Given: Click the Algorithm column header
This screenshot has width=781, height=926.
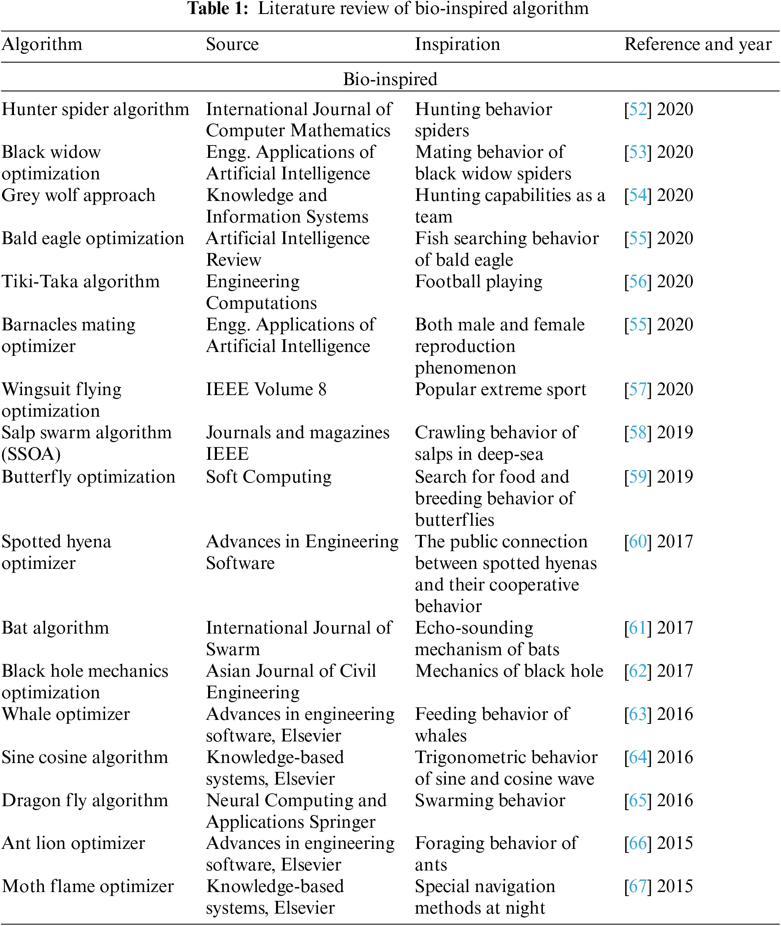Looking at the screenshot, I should pos(42,44).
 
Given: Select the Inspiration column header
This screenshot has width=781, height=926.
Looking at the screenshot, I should pos(457,44).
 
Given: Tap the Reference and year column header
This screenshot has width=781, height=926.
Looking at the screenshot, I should pos(698,44).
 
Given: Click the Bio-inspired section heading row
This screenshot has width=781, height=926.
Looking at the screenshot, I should pos(390,79).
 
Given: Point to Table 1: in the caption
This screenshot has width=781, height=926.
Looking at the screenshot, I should pos(218,9).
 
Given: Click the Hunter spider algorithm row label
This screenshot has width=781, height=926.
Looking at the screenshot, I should pos(95,109).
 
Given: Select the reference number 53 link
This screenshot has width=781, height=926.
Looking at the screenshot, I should pos(638,152).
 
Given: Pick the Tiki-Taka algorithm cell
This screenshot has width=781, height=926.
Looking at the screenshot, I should pos(81,282).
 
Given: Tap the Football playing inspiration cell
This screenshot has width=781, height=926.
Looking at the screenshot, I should pos(479,282).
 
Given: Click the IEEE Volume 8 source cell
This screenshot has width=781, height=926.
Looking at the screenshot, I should pos(266,389).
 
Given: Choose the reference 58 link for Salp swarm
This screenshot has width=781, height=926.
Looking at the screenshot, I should pos(638,433).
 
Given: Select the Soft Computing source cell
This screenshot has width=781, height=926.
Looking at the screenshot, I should pos(269,477).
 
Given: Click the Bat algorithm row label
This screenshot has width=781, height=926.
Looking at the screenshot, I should pos(56,628).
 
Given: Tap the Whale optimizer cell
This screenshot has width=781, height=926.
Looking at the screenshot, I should pos(66,714).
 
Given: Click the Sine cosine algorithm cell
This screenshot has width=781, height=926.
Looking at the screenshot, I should pos(85,757).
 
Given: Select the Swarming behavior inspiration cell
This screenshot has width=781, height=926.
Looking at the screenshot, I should pos(490,800).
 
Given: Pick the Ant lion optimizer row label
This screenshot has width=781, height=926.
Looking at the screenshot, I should pos(73,843).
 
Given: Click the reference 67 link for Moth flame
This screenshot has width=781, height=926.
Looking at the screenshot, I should pos(638,886).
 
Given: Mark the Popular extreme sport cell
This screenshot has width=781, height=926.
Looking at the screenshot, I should pos(500,389).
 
